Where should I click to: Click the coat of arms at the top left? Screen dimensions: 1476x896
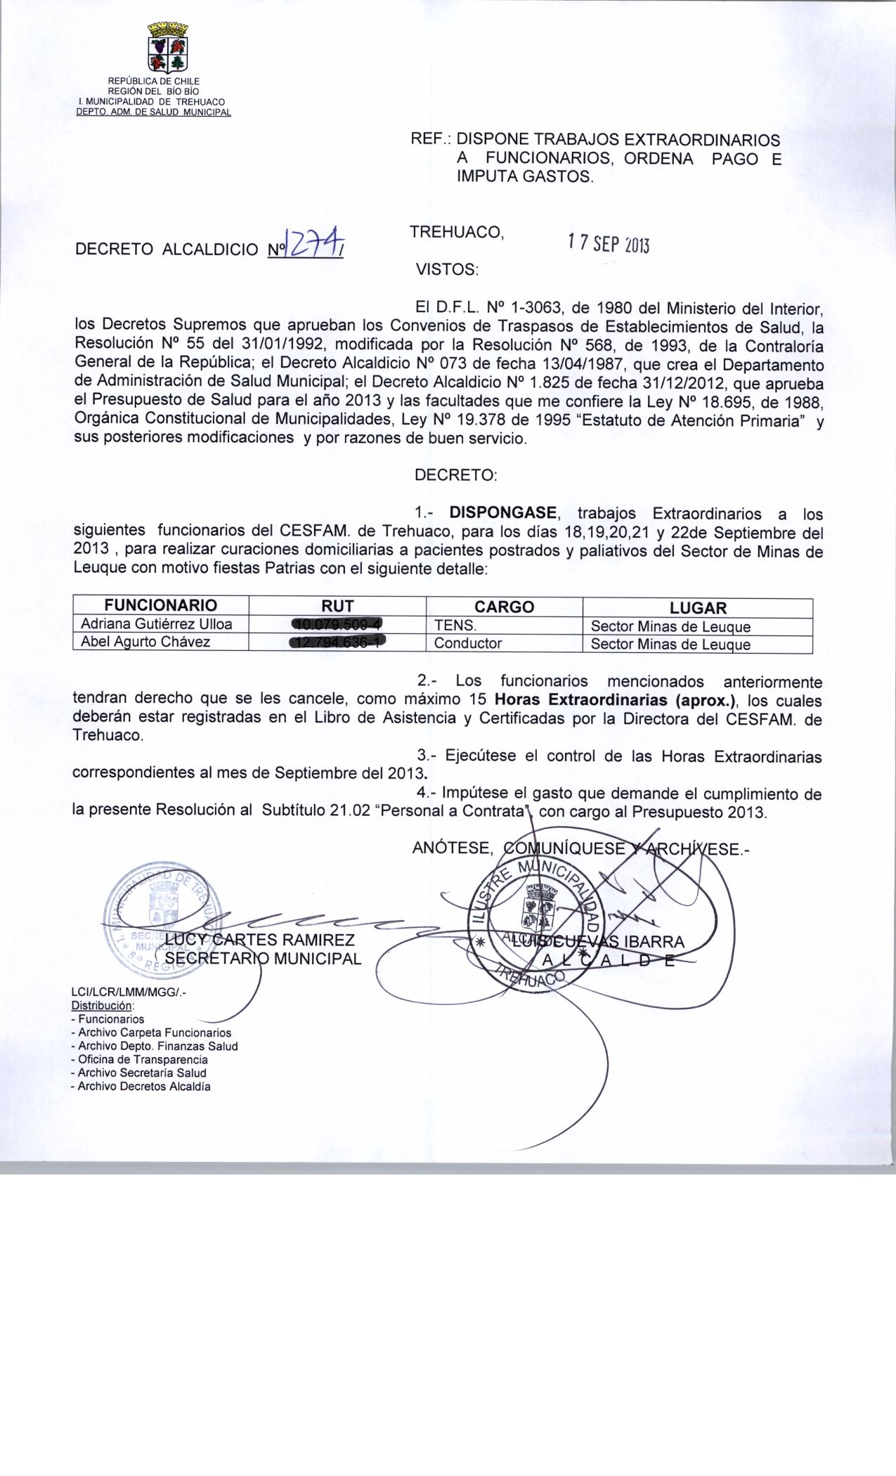(167, 48)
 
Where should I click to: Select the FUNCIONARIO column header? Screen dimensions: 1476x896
(161, 606)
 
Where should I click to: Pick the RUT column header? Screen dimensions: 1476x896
(337, 607)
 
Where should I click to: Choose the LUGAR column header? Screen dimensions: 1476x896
(697, 608)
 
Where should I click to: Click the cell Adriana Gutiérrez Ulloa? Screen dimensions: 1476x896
(156, 624)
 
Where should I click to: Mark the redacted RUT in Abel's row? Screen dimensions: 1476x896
(337, 642)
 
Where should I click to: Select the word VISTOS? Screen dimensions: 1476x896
(447, 269)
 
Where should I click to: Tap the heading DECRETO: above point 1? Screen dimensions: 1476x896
(455, 475)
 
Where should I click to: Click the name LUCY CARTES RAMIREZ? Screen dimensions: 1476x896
(260, 940)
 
